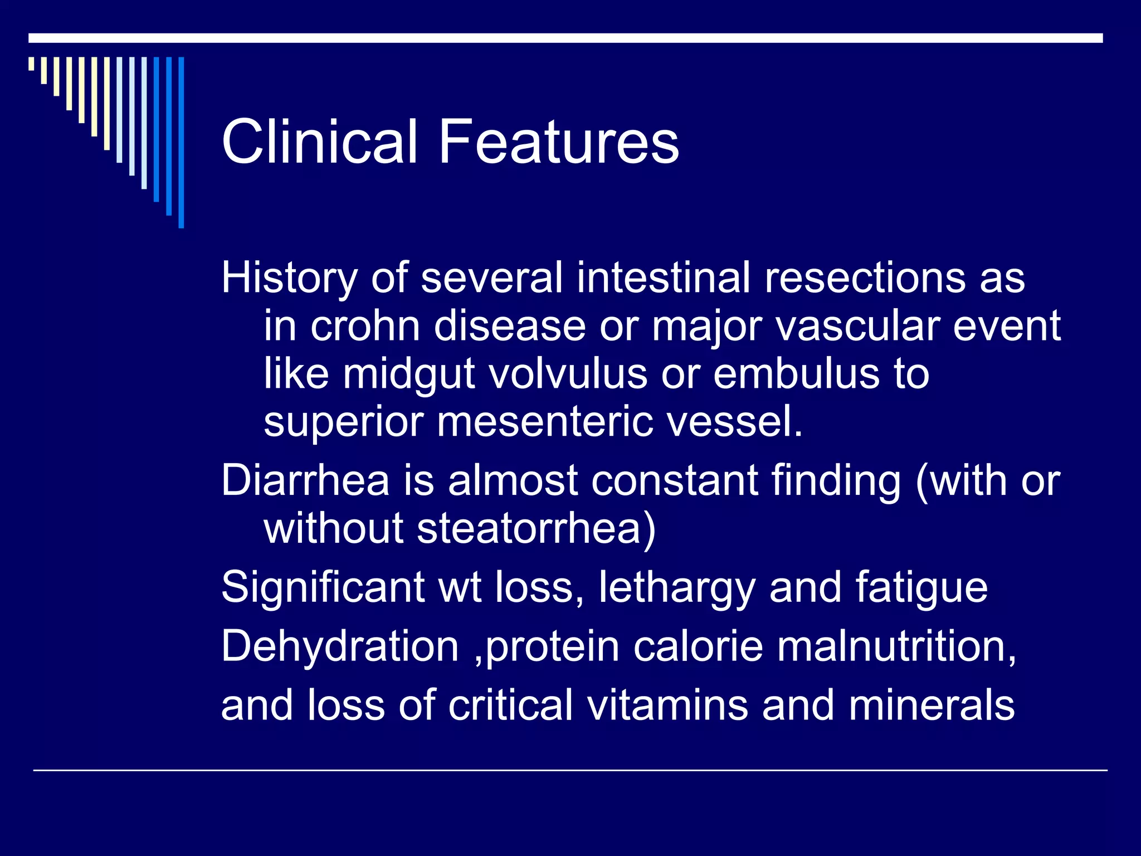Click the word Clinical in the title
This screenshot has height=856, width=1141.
coord(319,142)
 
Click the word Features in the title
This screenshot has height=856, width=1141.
coord(558,142)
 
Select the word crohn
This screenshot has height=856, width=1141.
coord(365,327)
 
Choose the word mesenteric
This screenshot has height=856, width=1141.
coord(545,422)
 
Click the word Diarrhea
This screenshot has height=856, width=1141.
coord(305,480)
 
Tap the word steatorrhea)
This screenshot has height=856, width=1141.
coord(537,528)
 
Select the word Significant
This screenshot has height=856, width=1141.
coord(323,587)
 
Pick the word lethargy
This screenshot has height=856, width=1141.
coord(676,587)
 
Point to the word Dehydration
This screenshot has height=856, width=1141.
coord(340,646)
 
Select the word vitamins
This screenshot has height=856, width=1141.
coord(667,706)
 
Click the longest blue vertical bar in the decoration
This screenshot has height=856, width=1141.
coord(181,142)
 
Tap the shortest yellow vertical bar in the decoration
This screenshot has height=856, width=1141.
coord(31,64)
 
